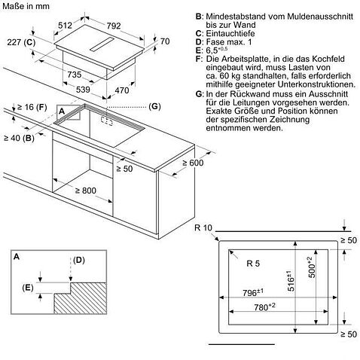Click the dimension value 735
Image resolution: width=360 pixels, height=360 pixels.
click(x=74, y=75)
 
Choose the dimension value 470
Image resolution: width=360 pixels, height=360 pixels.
click(x=133, y=90)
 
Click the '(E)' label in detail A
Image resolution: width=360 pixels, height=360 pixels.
click(x=28, y=287)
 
